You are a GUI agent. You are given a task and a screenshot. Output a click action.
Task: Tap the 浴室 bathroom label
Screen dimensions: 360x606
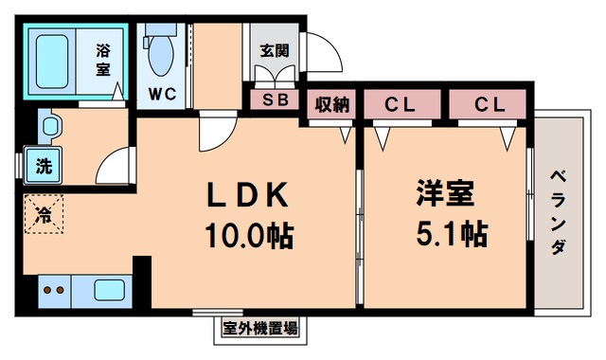tap(103, 60)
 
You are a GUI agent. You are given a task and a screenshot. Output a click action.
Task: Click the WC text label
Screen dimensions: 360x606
tap(161, 95)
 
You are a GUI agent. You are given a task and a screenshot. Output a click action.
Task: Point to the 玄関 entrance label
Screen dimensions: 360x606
tap(270, 51)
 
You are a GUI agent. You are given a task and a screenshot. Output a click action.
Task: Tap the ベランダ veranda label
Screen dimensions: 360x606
tap(558, 210)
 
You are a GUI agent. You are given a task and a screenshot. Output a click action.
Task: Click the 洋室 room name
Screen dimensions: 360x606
tap(442, 194)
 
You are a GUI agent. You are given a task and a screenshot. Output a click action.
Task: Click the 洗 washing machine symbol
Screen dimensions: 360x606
tap(44, 167)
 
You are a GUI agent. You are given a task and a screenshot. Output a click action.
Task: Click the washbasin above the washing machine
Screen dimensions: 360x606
tap(49, 126)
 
